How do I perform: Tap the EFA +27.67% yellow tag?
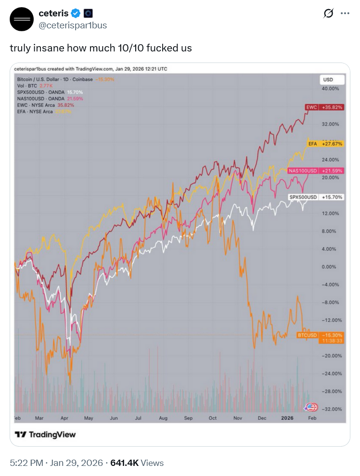click(325, 144)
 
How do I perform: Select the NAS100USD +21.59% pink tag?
click(315, 171)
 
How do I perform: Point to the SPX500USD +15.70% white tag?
click(316, 197)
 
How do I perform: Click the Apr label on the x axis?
click(64, 418)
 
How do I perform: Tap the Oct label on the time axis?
click(213, 418)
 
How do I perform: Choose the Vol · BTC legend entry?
click(27, 86)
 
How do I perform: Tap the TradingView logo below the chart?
click(45, 435)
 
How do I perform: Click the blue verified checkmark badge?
click(76, 13)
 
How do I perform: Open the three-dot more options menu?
click(345, 13)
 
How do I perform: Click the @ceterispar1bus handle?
click(73, 25)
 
